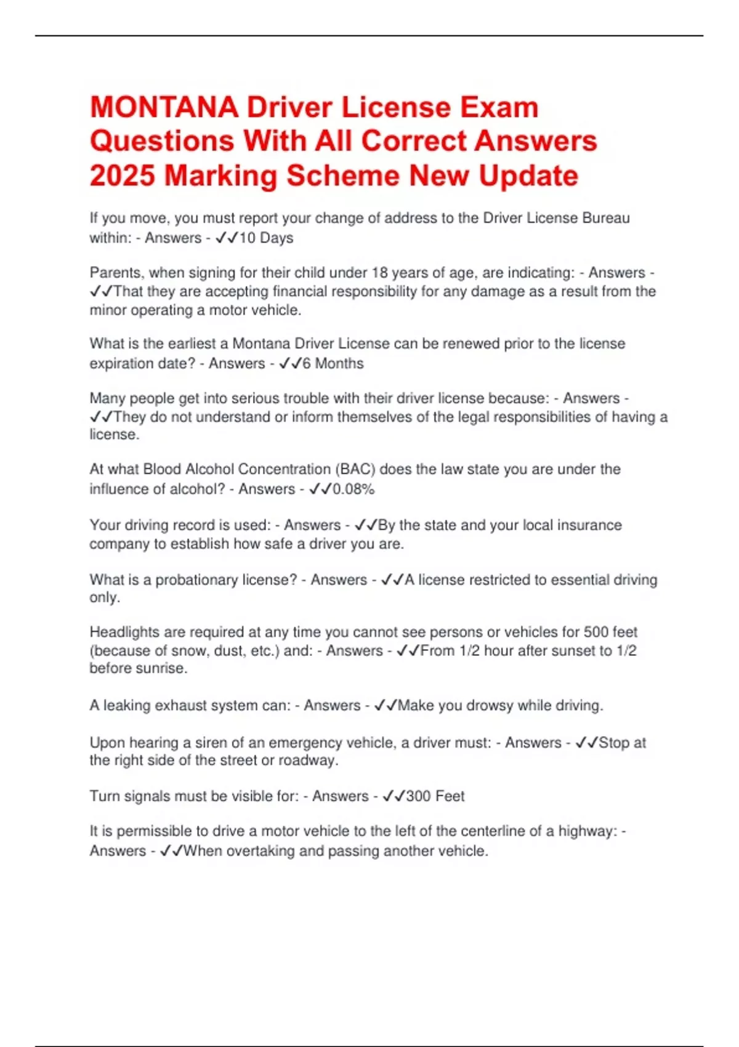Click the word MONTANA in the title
164,107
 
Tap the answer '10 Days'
266,238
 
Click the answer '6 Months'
333,363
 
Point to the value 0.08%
353,489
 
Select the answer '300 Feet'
435,796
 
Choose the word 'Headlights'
125,632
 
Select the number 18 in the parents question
380,272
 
